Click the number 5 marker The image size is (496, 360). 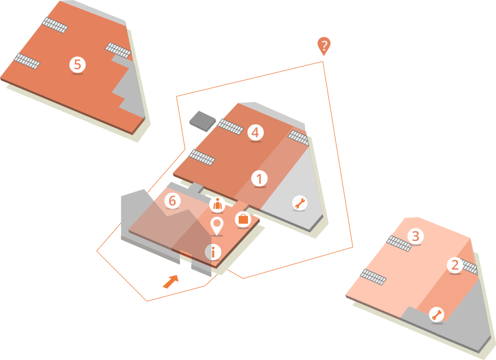(x=78, y=64)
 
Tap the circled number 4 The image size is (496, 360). (x=255, y=132)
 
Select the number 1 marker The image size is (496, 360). (x=259, y=178)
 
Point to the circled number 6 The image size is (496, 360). (x=172, y=200)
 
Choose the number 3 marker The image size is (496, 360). (x=416, y=236)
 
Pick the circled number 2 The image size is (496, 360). (x=454, y=265)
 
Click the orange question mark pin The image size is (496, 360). (x=324, y=45)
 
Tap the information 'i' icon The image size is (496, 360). (x=213, y=252)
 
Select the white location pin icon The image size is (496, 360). (x=217, y=225)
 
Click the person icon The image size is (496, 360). (x=217, y=205)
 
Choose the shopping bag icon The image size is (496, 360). (x=243, y=220)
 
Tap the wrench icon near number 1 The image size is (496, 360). (x=299, y=203)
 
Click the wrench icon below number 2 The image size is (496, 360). (x=436, y=314)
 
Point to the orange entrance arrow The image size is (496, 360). (x=171, y=281)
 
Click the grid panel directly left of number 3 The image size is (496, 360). (x=399, y=243)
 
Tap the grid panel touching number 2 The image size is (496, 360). (x=469, y=267)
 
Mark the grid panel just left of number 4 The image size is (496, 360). (x=231, y=127)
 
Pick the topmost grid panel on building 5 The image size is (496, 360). (x=55, y=25)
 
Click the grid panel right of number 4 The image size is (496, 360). (x=298, y=137)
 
